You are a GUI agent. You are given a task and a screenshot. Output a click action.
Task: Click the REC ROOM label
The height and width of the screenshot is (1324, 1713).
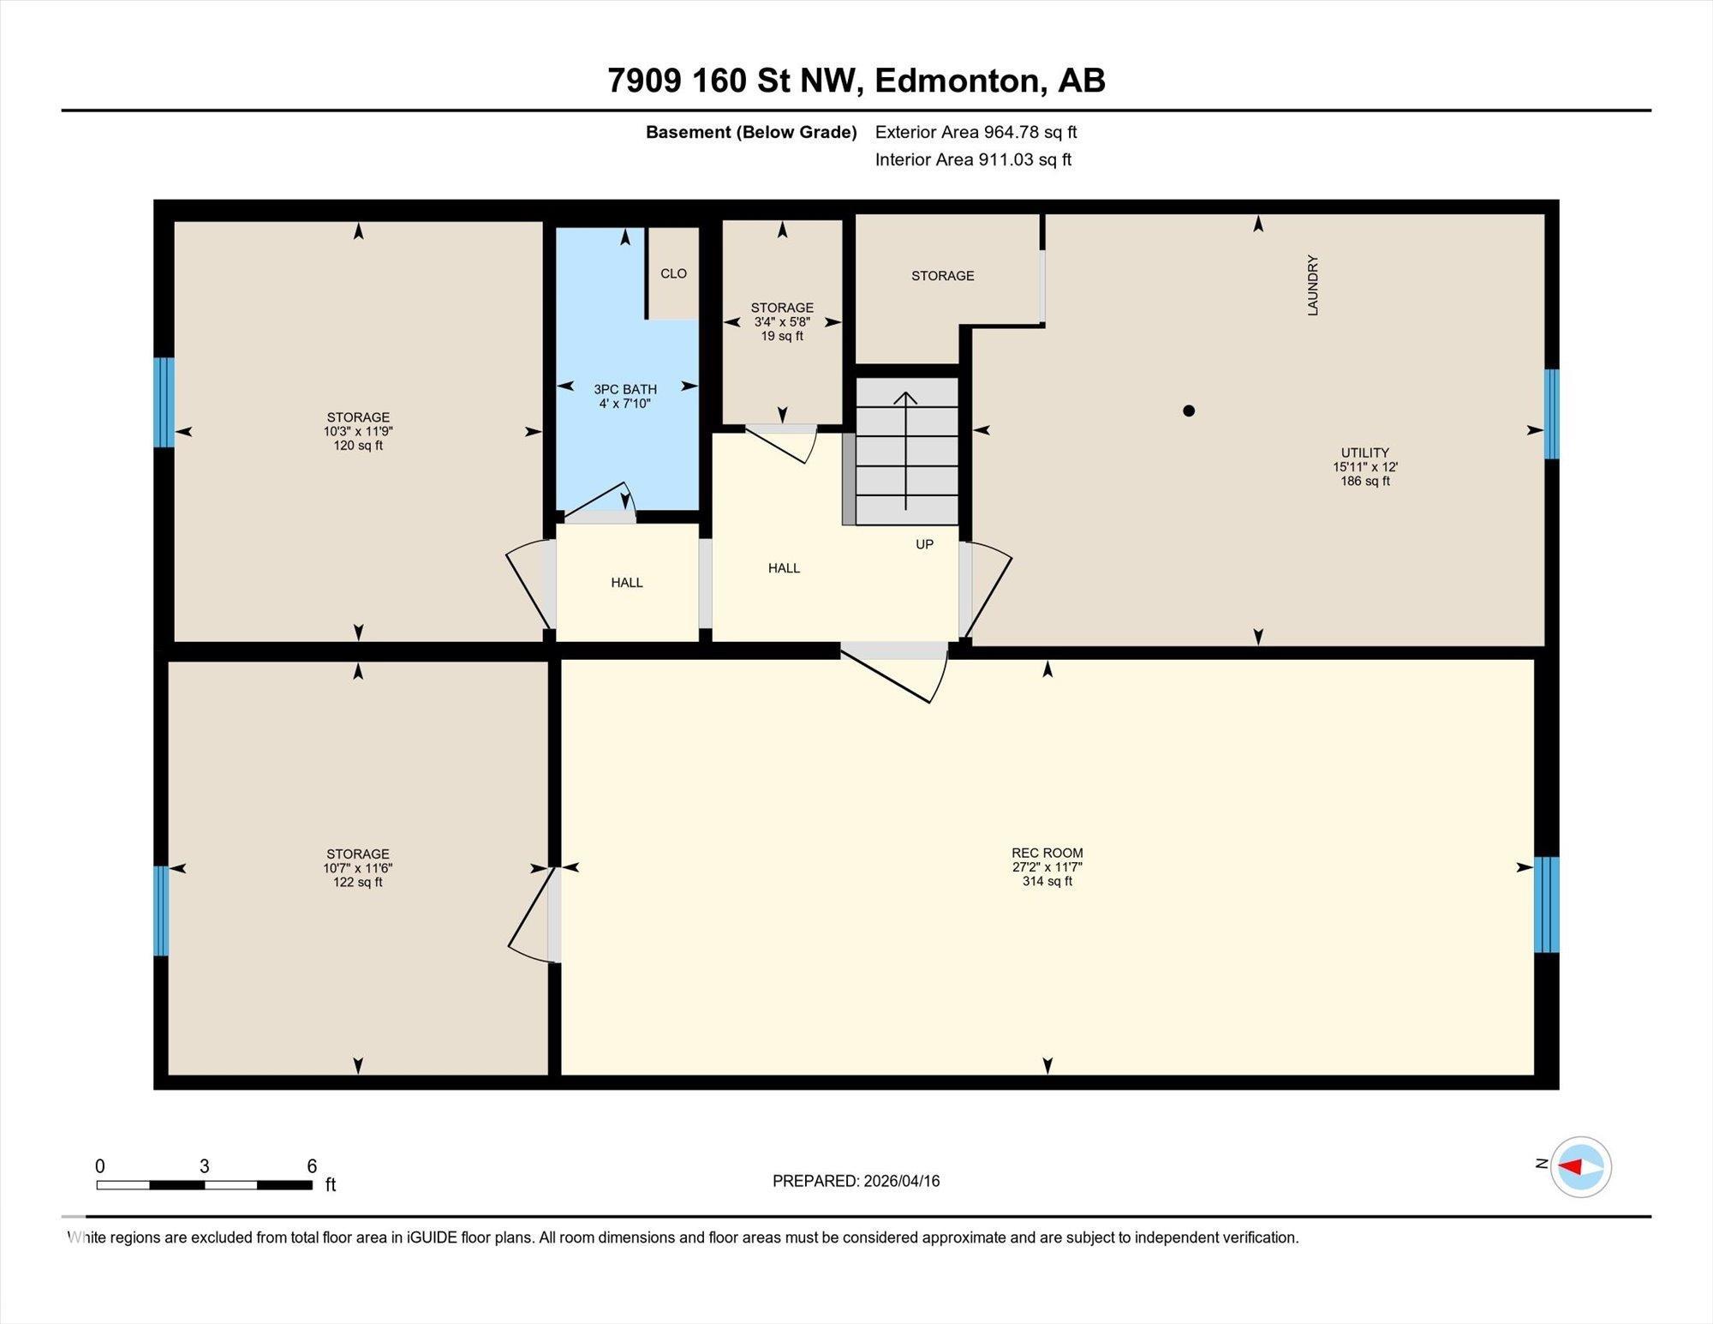coord(1047,853)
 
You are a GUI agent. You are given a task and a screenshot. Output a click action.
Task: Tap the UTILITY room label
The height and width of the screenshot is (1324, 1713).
coord(1365,452)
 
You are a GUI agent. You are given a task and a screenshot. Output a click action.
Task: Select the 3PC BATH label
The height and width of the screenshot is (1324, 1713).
coord(625,389)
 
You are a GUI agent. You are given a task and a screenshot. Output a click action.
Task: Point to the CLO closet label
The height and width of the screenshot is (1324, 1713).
coord(673,273)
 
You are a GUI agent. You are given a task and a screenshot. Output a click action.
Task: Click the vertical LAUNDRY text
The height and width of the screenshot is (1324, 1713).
coord(1312,285)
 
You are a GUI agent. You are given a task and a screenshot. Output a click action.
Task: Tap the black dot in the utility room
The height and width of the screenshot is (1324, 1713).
coord(1188,410)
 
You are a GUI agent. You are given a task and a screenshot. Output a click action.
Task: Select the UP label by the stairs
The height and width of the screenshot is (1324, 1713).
coord(924,544)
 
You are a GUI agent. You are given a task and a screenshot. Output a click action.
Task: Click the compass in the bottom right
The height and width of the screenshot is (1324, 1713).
coord(1580,1166)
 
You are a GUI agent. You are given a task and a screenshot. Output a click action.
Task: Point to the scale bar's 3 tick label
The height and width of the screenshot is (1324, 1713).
coord(204,1166)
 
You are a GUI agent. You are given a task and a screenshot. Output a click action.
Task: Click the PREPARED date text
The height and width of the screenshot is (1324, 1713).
coord(856,1181)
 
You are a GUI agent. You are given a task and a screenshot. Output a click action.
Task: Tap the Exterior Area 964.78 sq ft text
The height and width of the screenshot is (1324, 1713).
coord(976,132)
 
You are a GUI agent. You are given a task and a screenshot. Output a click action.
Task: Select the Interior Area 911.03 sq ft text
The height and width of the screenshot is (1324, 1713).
coord(973,159)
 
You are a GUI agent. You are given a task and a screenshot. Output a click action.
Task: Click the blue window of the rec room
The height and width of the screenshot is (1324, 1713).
coord(1546,905)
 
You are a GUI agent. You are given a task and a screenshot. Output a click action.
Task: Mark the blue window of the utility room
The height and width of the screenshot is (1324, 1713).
coord(1551,414)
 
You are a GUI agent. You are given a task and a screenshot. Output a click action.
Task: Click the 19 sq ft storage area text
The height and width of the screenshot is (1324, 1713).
coord(782,336)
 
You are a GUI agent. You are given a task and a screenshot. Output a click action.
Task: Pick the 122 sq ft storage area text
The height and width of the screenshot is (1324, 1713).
coord(358,882)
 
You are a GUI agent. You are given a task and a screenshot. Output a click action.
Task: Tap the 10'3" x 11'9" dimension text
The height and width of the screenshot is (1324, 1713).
coord(358,431)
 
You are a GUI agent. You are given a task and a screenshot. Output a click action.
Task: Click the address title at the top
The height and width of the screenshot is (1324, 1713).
coord(856,81)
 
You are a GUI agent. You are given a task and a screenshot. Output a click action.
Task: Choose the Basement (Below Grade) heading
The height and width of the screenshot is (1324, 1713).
coord(751,132)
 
